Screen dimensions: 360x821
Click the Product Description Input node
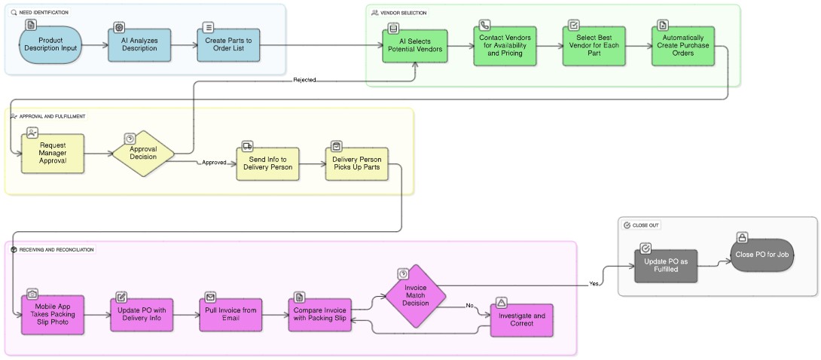click(50, 46)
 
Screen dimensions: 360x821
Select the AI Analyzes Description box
click(139, 46)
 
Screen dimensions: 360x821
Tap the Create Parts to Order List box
click(228, 46)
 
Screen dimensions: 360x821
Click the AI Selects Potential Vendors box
click(414, 47)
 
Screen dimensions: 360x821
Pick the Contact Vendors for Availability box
click(504, 47)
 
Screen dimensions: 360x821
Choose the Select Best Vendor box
click(594, 47)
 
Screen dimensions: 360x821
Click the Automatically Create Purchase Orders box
click(682, 47)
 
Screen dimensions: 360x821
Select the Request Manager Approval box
click(53, 154)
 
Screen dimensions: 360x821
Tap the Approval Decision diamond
click(143, 154)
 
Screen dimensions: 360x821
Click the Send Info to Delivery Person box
click(267, 163)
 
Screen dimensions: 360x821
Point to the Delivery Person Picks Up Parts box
click(357, 163)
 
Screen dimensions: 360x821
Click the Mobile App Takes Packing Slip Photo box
click(53, 314)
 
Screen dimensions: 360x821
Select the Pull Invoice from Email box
click(230, 314)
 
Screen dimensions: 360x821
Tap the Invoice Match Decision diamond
click(416, 295)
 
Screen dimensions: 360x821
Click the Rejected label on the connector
click(304, 80)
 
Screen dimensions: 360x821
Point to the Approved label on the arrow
click(214, 163)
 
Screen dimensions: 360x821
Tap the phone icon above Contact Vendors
click(484, 25)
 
